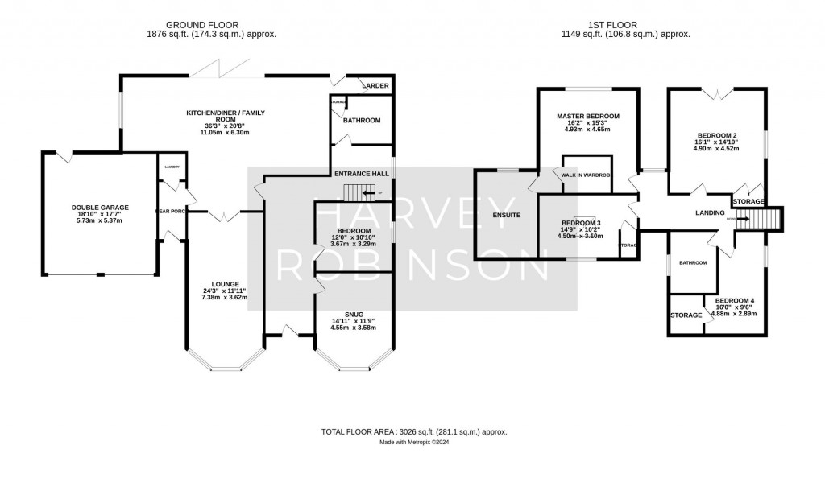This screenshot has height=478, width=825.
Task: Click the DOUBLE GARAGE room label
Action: (x=99, y=208)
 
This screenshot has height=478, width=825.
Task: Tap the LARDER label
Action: (x=375, y=84)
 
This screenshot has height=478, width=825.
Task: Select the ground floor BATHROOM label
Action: (x=361, y=121)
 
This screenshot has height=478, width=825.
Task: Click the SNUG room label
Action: (x=354, y=314)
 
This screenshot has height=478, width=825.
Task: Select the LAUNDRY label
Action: (x=172, y=167)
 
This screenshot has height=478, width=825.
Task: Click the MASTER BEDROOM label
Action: (x=587, y=116)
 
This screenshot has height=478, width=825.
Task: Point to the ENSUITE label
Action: (x=506, y=215)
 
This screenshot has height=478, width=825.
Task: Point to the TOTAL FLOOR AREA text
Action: (x=414, y=432)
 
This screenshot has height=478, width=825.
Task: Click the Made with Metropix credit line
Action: (x=414, y=443)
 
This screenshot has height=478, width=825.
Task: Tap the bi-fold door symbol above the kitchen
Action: (x=221, y=68)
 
